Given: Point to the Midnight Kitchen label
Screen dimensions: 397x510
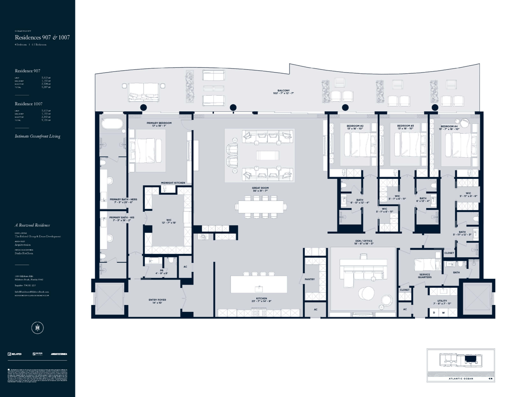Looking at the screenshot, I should point(173,183).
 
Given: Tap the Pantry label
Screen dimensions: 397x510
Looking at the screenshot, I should point(310,279).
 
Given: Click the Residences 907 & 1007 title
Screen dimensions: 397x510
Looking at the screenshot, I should point(42,37).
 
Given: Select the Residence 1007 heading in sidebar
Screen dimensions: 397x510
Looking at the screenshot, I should point(28,104).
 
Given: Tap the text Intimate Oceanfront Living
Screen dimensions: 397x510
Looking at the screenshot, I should point(37,136).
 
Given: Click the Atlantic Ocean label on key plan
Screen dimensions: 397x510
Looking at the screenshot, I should point(461,379).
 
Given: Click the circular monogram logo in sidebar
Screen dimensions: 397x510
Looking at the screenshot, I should point(37,328).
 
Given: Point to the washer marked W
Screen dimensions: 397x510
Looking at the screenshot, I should point(443,313).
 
